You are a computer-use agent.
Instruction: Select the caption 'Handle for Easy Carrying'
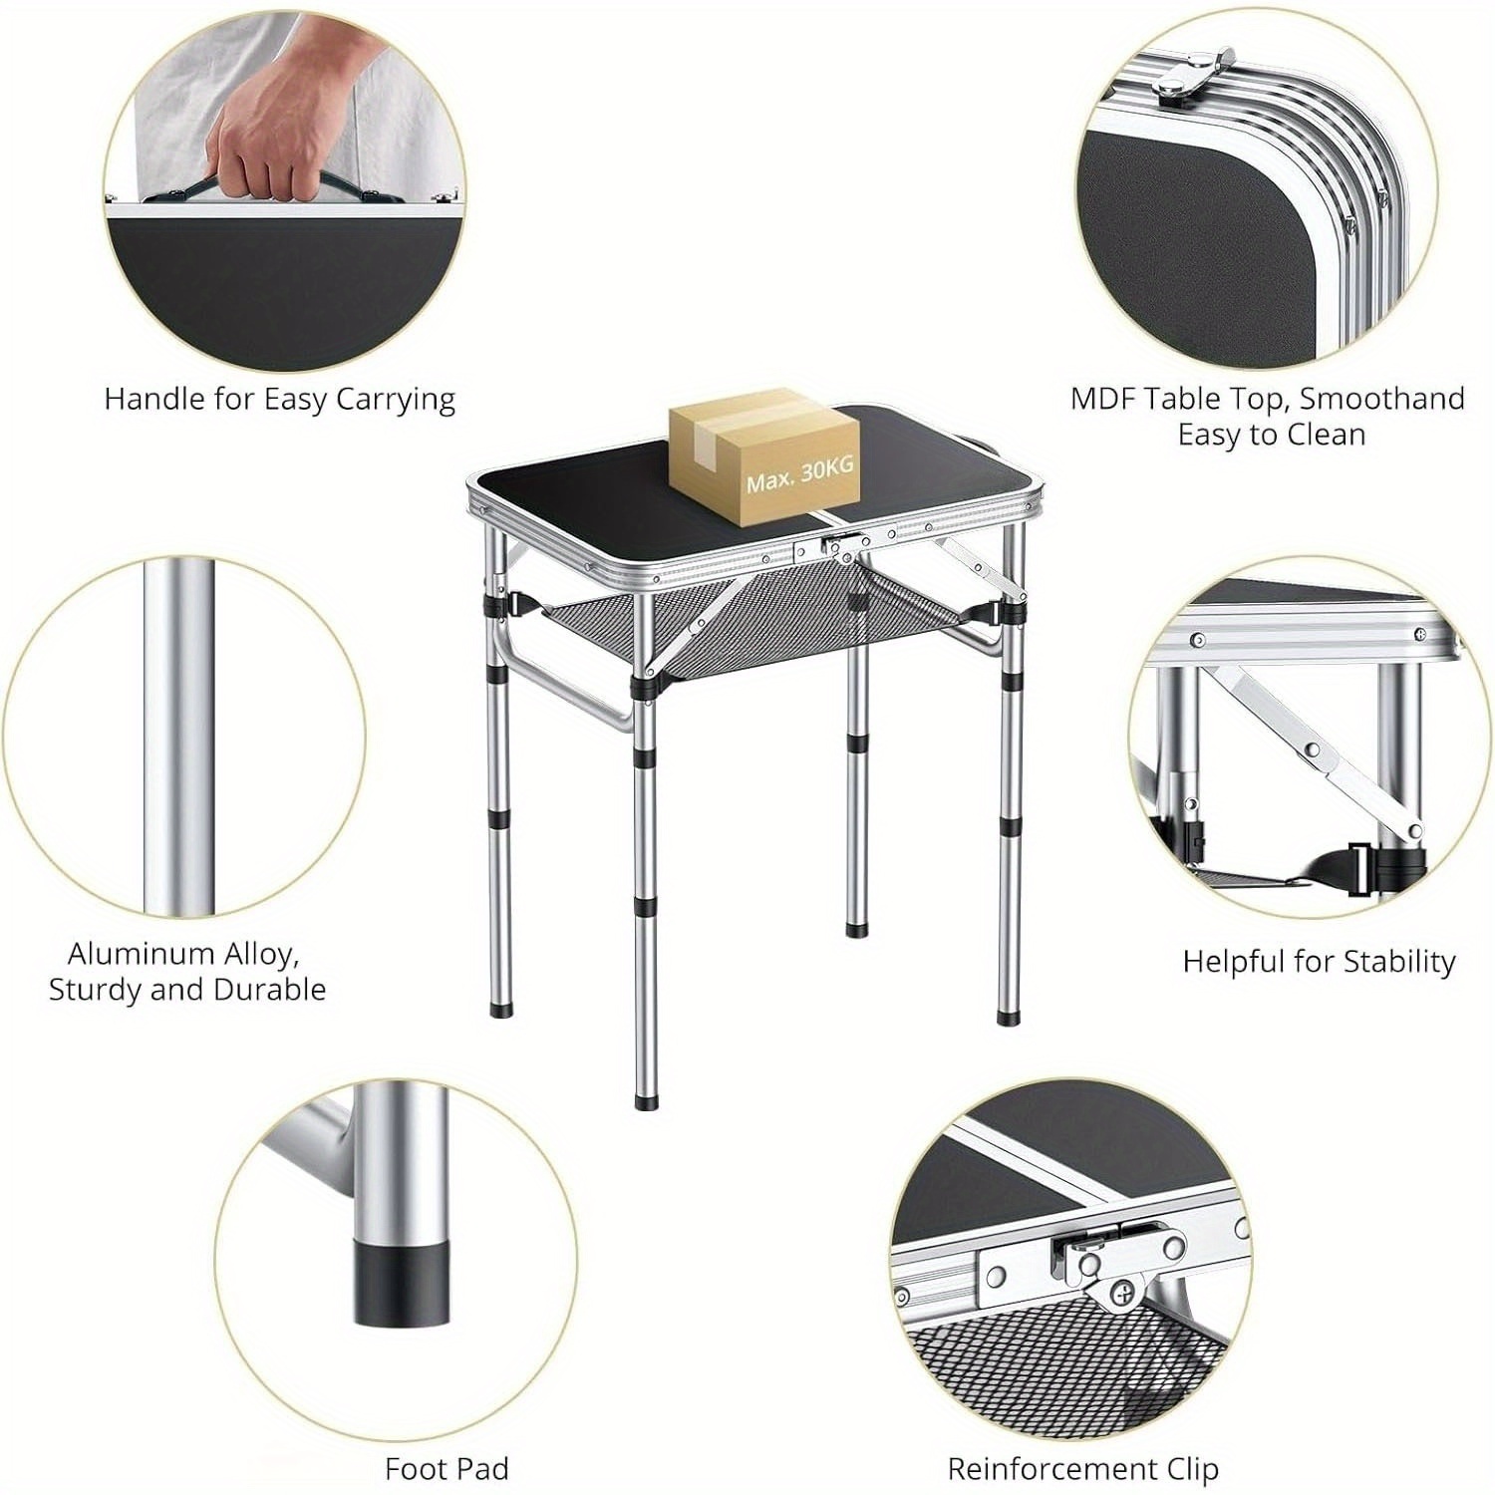tap(279, 399)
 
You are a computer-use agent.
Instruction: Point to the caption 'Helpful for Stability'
tap(1319, 961)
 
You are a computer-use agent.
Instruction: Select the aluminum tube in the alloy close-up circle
tap(178, 738)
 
